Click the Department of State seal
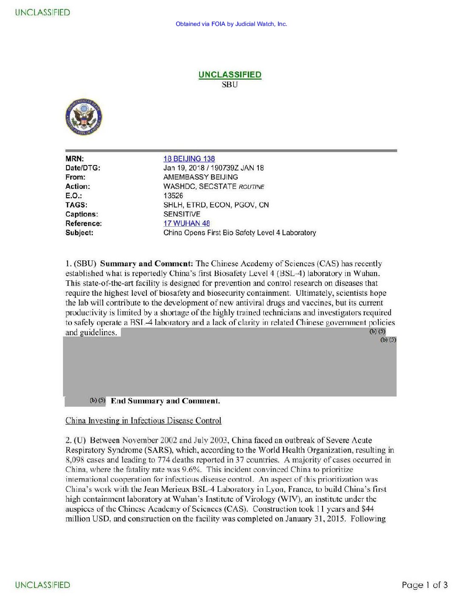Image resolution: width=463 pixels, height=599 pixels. (x=84, y=117)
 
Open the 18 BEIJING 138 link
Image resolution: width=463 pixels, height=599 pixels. (x=189, y=159)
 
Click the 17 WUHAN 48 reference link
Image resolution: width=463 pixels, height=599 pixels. (x=186, y=223)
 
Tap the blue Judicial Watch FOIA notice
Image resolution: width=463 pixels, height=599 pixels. (x=231, y=24)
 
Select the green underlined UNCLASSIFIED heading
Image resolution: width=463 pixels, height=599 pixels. (x=230, y=74)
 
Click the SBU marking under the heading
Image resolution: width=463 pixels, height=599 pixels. (x=230, y=85)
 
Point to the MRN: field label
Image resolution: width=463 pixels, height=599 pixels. (x=74, y=159)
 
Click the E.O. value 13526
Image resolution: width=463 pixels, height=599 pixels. (x=173, y=196)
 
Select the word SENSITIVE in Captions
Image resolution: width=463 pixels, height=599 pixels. (x=182, y=214)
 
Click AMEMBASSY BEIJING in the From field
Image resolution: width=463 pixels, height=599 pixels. (x=200, y=177)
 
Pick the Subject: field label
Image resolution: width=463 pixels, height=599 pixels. (x=79, y=233)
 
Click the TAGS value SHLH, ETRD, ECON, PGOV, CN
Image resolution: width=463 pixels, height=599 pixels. (x=216, y=205)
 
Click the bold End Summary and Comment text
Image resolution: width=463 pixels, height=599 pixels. (x=165, y=401)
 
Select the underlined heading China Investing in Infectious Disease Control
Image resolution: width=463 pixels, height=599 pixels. (x=143, y=421)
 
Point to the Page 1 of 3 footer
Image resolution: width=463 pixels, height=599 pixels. (x=424, y=585)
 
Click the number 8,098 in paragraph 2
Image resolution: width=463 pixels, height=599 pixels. (x=75, y=460)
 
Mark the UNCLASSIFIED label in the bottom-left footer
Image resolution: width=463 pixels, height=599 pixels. (x=43, y=585)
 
